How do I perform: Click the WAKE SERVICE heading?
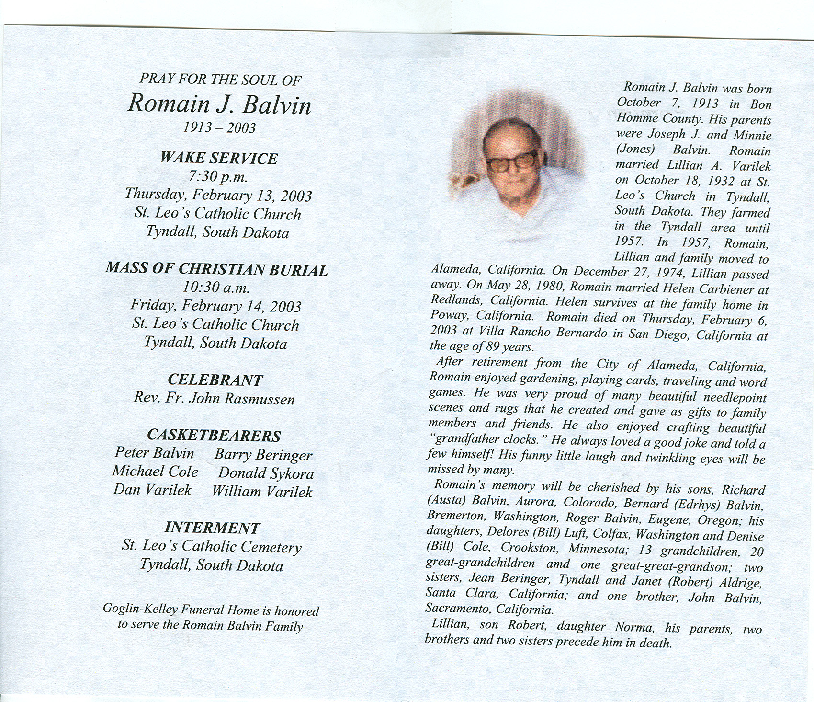coord(218,158)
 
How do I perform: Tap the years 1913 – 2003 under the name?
coord(220,127)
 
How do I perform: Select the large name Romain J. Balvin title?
coord(219,104)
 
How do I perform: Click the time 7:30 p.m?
coord(218,177)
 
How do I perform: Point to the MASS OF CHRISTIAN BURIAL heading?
coord(216,269)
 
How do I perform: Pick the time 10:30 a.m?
coord(216,288)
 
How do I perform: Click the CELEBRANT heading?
coord(215,380)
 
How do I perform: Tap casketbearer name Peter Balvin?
coord(154,453)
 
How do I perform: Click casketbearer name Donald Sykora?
coord(266,473)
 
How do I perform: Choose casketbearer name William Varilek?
coord(262,492)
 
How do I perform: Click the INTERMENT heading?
coord(212,528)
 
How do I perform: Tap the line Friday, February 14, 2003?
coord(216,306)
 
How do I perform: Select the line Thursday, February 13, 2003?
coord(218,195)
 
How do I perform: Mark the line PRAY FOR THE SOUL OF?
coord(220,79)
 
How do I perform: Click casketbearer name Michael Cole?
coord(155,472)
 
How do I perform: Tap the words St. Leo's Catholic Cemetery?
coord(212,547)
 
